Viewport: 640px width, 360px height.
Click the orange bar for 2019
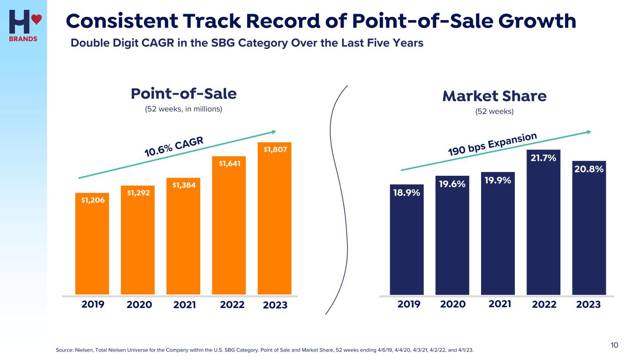tap(92, 244)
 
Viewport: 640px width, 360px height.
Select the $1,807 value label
tap(275, 150)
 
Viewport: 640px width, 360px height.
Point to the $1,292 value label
tap(138, 192)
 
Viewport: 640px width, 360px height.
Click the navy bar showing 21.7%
tap(543, 225)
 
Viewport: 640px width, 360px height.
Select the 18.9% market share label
tap(407, 192)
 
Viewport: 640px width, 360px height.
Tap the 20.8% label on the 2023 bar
tap(589, 168)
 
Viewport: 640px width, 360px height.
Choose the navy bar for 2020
tap(452, 239)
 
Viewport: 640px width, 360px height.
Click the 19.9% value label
tap(498, 180)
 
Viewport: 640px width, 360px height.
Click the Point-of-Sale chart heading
tap(183, 94)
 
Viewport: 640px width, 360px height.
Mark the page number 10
tap(614, 345)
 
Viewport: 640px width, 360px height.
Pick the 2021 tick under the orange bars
tap(185, 305)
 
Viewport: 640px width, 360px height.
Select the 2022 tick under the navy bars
tap(544, 305)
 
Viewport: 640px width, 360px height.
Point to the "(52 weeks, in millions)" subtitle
tap(183, 109)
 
